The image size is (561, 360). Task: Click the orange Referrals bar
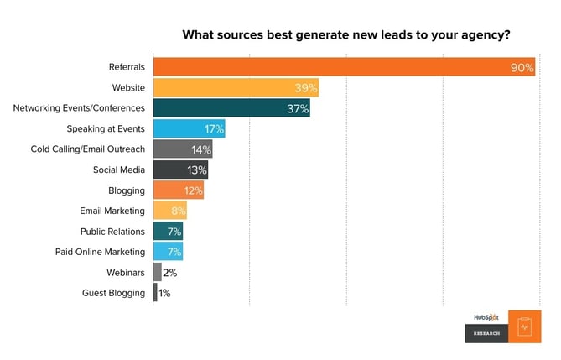coord(335,67)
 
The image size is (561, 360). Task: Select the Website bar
coord(235,88)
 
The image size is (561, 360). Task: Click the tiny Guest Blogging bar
coord(155,293)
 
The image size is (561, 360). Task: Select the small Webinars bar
coord(157,273)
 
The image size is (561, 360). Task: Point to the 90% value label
coord(522,68)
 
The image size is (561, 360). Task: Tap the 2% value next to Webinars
coord(170,273)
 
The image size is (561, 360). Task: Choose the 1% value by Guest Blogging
coord(165,293)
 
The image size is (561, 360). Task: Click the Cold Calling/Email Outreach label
coord(100,149)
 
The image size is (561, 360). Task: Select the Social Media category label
coord(119,170)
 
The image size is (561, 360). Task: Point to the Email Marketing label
coord(112,211)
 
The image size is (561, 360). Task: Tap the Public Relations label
coord(112,232)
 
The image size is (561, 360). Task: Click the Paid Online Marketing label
coord(101,252)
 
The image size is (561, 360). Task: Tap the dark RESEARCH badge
coord(486,333)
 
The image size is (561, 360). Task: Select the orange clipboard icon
coord(525,326)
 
